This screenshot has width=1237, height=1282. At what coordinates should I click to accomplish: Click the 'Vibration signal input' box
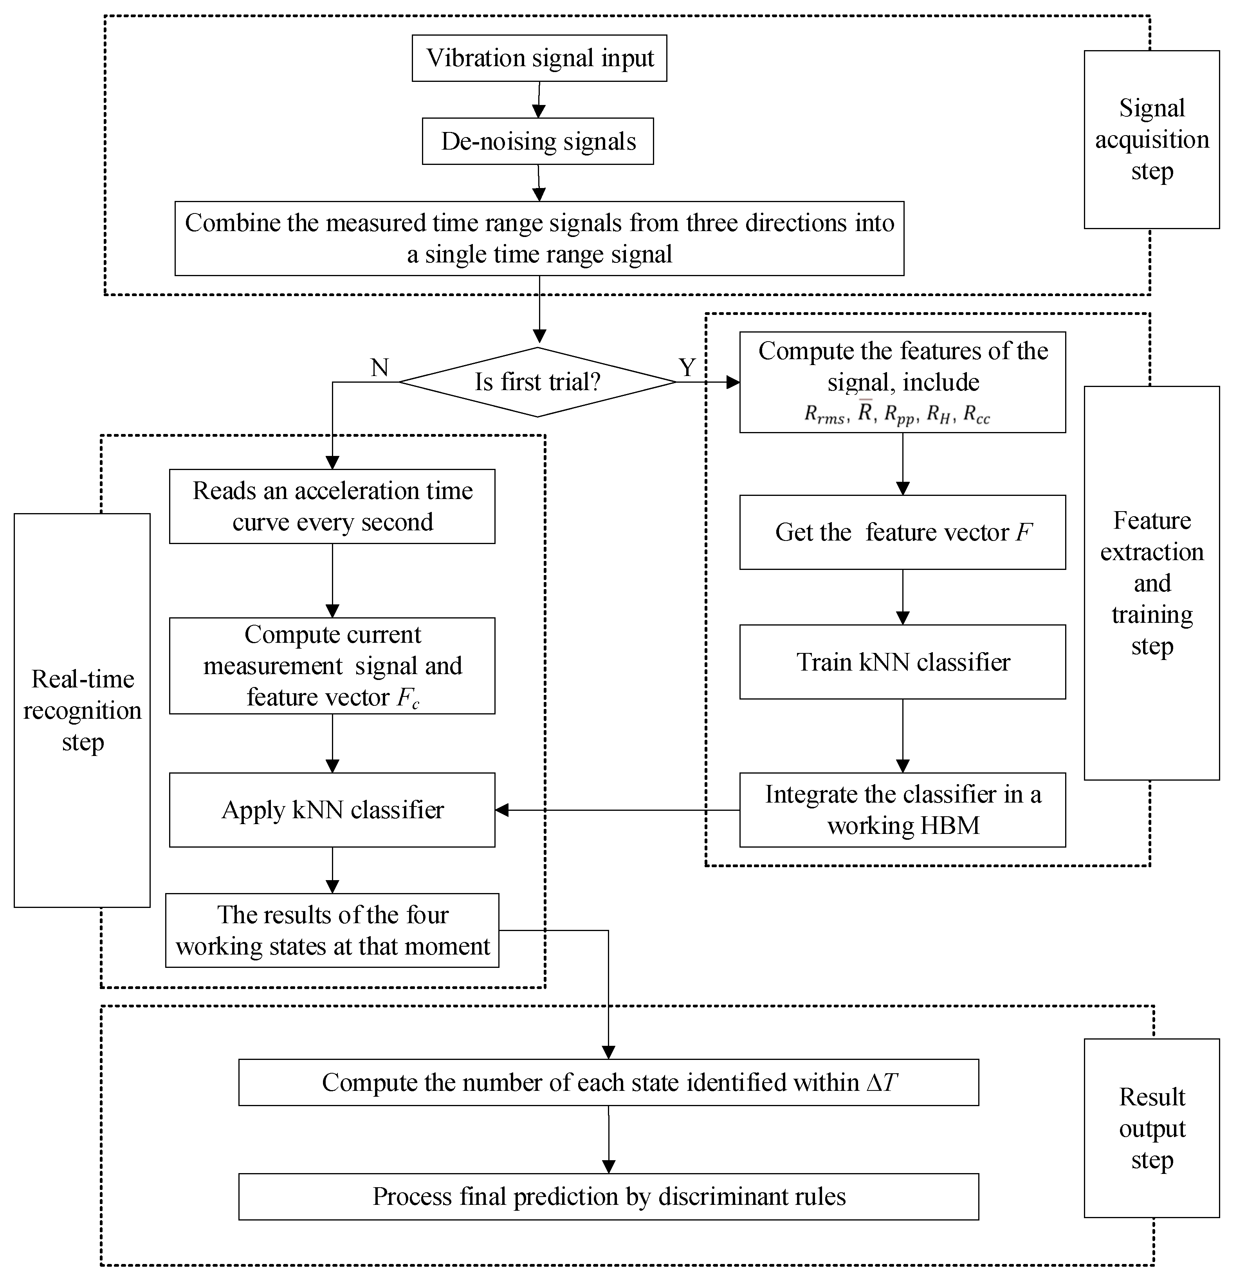point(539,58)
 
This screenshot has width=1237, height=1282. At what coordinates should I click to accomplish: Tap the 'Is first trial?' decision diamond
point(537,382)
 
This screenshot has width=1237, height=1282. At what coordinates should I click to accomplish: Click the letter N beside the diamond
point(380,367)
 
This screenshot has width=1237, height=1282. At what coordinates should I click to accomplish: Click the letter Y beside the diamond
point(687,367)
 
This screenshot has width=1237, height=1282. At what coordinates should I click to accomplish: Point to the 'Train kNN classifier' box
point(902,662)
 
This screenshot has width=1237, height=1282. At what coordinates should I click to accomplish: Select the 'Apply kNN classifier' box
point(332,810)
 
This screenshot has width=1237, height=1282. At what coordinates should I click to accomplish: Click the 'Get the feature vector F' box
point(902,532)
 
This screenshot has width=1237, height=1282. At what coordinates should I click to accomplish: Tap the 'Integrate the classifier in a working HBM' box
point(902,810)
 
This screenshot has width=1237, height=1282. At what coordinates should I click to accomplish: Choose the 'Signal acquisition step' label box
point(1151,139)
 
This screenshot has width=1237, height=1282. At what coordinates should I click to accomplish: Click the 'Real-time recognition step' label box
point(82,711)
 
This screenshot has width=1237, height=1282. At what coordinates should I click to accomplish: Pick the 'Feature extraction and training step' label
point(1151,583)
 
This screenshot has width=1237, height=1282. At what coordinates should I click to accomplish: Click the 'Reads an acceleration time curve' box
point(332,506)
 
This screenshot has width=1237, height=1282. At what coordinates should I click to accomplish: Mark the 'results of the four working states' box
point(332,930)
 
